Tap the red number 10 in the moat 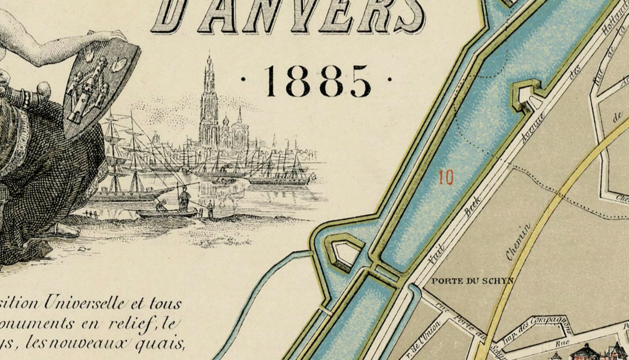pos(446,178)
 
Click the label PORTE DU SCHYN pos(472,281)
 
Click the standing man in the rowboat pos(184,199)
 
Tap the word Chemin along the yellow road pos(518,241)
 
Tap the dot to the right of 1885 pos(390,79)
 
